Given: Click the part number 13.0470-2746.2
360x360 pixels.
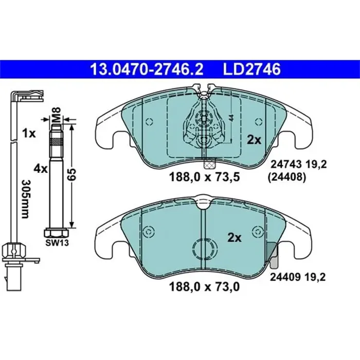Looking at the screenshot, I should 147,69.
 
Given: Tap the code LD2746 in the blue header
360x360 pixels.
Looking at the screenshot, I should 252,69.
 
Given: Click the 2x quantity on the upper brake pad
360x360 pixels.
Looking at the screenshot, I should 255,139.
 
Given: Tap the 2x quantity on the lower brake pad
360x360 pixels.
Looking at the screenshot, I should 235,238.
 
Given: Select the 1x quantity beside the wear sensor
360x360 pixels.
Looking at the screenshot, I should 29,134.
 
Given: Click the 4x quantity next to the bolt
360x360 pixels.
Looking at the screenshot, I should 40,168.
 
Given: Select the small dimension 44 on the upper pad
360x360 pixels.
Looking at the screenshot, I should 232,118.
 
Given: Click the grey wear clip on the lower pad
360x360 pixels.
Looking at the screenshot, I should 273,256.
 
